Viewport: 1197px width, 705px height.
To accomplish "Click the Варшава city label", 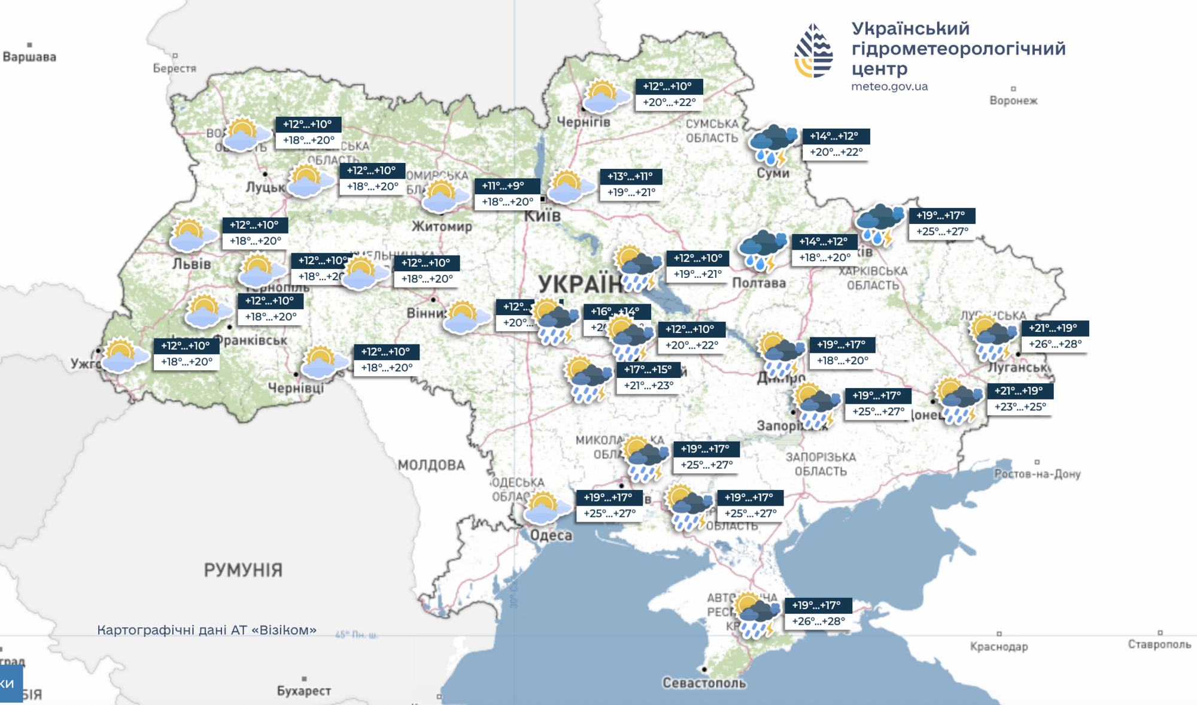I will (x=29, y=57).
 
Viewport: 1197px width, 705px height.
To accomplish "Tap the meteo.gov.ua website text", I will (x=889, y=86).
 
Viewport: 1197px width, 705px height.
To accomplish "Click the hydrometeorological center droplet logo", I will (x=813, y=51).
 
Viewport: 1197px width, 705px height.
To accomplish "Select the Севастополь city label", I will (x=704, y=683).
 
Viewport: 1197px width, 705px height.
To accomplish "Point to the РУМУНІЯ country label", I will (x=243, y=570).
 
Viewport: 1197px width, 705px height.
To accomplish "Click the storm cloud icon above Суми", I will (x=773, y=144).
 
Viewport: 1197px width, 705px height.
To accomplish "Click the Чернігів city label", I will (x=584, y=122).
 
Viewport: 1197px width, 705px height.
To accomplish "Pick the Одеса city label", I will (x=551, y=535).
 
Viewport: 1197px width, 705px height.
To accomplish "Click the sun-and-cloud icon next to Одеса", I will (x=545, y=508).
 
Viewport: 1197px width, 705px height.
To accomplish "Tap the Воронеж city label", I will (x=1013, y=101).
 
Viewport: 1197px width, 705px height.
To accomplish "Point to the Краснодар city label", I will (x=999, y=646).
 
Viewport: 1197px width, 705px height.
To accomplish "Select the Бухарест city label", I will (x=304, y=691).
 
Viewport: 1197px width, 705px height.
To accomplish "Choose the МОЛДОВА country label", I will (x=431, y=465).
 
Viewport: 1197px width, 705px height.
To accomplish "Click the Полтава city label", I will (x=759, y=283).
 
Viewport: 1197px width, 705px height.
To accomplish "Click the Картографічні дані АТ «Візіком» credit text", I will (x=206, y=630).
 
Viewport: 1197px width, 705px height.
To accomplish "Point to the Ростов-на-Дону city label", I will (x=1037, y=474).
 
